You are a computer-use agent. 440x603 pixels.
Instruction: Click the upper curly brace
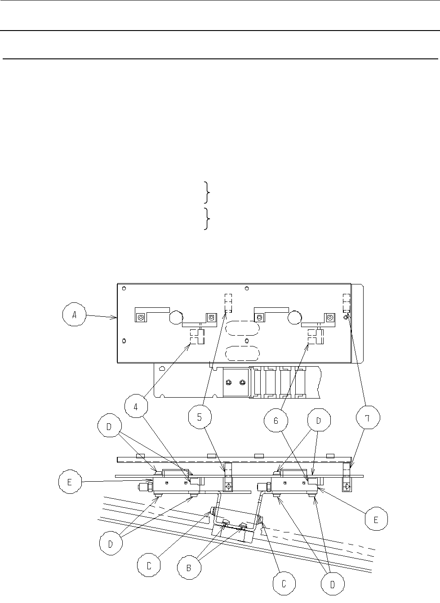point(206,192)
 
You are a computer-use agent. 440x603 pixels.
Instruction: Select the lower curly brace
point(206,218)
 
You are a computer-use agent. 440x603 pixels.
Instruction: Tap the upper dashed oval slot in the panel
point(242,328)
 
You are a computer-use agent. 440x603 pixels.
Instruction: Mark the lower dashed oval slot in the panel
point(242,353)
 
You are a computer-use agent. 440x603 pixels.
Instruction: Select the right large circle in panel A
point(296,318)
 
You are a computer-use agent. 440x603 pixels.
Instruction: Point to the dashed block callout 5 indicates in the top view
point(228,303)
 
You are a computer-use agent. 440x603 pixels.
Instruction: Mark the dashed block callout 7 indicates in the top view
point(346,303)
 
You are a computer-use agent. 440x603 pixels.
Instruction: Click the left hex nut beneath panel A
point(228,382)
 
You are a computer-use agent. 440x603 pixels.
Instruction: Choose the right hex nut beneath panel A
point(242,382)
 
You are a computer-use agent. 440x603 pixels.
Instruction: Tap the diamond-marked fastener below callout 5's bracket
point(229,487)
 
